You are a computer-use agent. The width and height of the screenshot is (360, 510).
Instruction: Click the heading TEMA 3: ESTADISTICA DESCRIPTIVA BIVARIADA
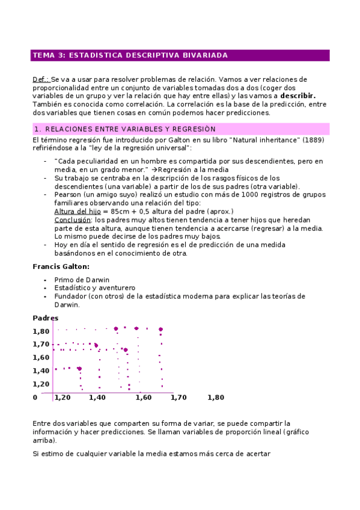pyautogui.click(x=130, y=55)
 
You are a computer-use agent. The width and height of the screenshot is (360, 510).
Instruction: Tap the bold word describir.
pyautogui.click(x=297, y=96)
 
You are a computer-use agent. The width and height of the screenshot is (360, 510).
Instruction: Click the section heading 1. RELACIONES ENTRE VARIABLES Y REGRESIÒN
pyautogui.click(x=124, y=129)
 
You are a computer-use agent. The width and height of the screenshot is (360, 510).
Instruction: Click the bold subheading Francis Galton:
pyautogui.click(x=61, y=266)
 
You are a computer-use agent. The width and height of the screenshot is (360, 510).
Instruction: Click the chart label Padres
pyautogui.click(x=45, y=318)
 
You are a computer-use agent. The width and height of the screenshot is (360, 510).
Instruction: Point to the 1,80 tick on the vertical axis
pyautogui.click(x=41, y=331)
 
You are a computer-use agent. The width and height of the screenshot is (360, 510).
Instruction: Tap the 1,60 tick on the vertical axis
pyautogui.click(x=41, y=357)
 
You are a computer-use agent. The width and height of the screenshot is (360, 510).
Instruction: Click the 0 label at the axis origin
pyautogui.click(x=35, y=397)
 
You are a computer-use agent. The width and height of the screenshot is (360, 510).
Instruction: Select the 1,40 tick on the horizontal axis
pyautogui.click(x=97, y=397)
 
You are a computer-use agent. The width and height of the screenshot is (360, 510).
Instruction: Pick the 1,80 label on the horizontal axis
pyautogui.click(x=215, y=397)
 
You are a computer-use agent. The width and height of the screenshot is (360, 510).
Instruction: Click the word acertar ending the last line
pyautogui.click(x=257, y=453)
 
